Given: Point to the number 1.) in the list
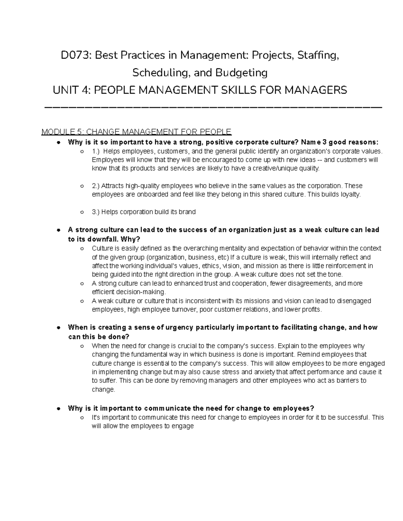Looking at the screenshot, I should (x=96, y=151).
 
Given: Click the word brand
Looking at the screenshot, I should (x=188, y=212).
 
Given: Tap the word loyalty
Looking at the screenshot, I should (x=349, y=195).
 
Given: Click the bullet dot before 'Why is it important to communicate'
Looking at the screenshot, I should (x=58, y=409).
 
